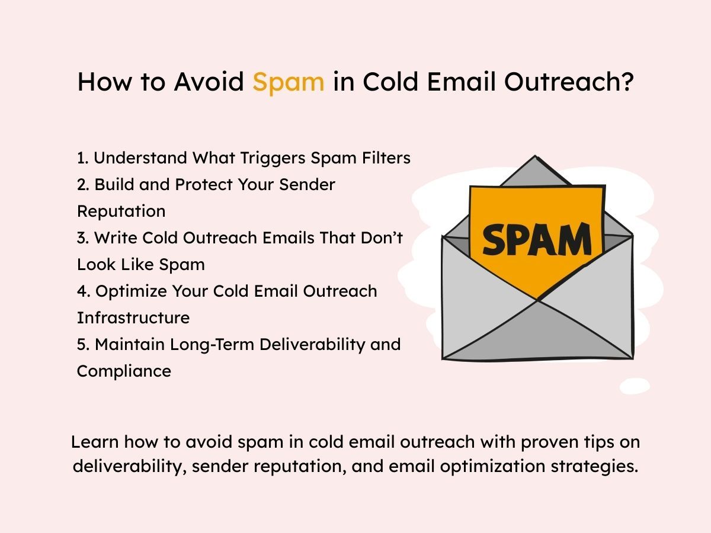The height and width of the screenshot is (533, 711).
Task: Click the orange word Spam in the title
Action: (x=288, y=82)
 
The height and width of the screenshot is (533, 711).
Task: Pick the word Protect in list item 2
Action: (x=203, y=185)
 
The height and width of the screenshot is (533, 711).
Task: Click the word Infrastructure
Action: (x=133, y=318)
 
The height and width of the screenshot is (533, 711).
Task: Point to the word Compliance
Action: (x=124, y=371)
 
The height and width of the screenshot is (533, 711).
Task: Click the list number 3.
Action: (x=81, y=238)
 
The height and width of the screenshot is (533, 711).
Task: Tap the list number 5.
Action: (x=81, y=345)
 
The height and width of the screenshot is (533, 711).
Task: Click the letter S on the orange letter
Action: (x=496, y=240)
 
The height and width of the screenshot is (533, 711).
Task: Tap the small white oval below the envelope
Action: (x=635, y=386)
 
